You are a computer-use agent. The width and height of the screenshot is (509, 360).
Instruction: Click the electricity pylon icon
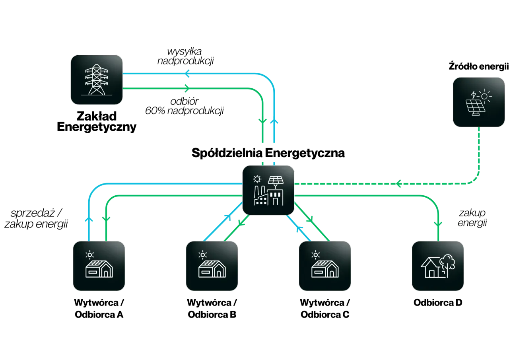click(x=97, y=80)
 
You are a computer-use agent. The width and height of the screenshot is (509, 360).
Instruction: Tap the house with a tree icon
click(x=437, y=266)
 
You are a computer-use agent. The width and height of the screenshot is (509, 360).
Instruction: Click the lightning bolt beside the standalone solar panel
click(x=474, y=95)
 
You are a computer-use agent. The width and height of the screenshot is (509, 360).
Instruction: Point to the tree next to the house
click(x=448, y=263)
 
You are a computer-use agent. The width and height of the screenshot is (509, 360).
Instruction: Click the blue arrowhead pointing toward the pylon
click(x=188, y=74)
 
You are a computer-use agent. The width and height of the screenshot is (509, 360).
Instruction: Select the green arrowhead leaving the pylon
click(x=187, y=89)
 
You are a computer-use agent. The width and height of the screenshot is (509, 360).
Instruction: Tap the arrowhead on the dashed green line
click(x=398, y=184)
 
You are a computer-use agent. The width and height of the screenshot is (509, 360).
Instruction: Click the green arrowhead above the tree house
click(x=438, y=224)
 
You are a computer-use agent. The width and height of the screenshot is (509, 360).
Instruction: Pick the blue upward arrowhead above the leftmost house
click(x=88, y=220)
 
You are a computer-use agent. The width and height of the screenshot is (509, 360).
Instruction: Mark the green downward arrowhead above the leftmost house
click(x=106, y=219)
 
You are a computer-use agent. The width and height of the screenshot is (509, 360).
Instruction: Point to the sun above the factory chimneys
click(x=257, y=179)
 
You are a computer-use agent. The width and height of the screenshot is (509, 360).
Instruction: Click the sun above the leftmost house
click(x=90, y=255)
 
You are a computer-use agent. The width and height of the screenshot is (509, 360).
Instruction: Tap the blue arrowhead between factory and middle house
click(x=227, y=218)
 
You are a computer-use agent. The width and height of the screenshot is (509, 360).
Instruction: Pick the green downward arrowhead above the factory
click(x=262, y=121)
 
